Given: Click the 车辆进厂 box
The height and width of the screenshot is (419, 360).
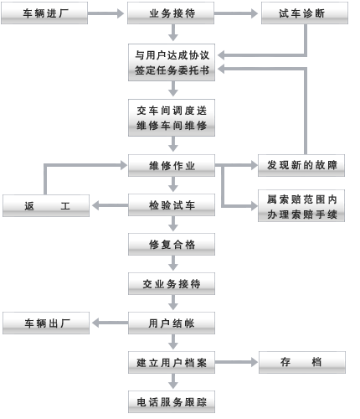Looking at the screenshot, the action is coord(44,13).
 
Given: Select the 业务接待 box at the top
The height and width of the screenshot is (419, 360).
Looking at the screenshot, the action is coord(171,13).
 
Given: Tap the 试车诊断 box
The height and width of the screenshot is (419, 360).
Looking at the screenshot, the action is coord(305,13).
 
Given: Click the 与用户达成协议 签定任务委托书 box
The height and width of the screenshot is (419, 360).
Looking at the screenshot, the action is coord(172,63).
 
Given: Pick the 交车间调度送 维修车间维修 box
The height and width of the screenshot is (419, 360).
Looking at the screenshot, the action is coord(172,118).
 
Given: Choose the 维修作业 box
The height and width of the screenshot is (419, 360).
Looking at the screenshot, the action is coord(172,166).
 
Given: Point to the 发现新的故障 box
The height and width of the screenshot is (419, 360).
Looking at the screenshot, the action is coord(301,166).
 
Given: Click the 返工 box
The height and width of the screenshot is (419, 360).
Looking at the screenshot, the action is coord(46,206).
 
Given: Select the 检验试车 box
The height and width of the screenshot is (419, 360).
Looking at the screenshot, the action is coord(172,205).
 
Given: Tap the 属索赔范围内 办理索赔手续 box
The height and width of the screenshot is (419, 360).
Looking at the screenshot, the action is coord(301,206).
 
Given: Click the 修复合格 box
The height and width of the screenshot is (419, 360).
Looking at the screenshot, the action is coord(172,245).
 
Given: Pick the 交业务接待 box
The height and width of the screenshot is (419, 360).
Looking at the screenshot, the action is coord(172,284).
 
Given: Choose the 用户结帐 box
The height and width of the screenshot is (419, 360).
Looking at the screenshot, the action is coord(172,323).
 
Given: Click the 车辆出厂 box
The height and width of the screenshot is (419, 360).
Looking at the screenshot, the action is coord(46,323).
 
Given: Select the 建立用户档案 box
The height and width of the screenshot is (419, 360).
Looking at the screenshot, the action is coord(172,363).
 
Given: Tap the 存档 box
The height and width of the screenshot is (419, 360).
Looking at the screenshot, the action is coord(302,363).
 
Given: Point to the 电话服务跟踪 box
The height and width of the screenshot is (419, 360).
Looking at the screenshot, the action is coord(172,402).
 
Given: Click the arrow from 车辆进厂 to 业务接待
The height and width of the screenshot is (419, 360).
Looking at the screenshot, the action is coord(105,13).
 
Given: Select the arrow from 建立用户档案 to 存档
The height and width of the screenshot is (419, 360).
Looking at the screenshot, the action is coord(236,362).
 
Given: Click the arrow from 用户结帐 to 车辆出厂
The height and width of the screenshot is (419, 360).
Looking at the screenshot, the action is coord(111,323).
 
